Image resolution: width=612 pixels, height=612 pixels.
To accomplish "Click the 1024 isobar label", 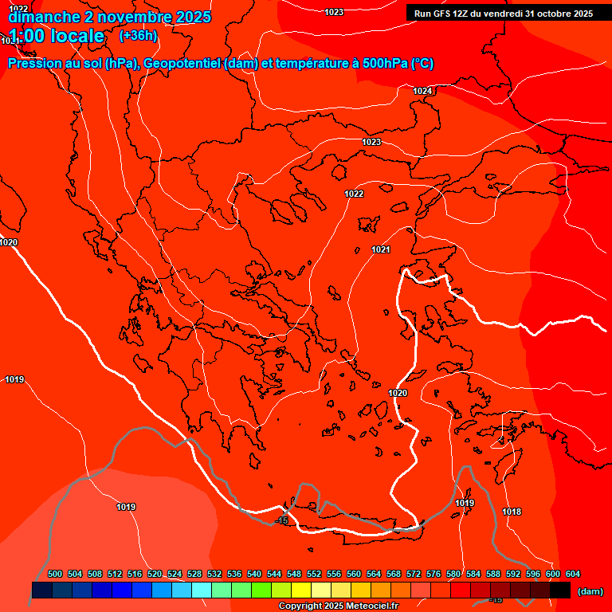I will coord(422,92).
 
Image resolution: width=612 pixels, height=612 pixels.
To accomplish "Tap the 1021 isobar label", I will coord(381,250).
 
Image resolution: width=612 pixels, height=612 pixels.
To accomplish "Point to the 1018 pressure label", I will coord(512,512).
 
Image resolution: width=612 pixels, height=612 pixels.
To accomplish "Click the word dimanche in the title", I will coord(39,17).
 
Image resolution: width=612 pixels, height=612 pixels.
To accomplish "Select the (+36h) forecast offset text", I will coord(138,36).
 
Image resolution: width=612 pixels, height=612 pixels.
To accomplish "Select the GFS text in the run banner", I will coord(445,13).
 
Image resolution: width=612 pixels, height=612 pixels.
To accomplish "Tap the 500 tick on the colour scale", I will coord(55,574).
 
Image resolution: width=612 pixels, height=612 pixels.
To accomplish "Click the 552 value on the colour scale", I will coord(314,574).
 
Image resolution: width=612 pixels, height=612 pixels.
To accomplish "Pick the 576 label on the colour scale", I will coord(433,574).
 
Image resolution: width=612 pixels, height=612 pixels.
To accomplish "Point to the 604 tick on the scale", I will coord(573,574).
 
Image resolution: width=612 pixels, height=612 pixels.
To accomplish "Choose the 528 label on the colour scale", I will coord(194,574).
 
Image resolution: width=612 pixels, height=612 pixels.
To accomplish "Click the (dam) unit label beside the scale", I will coord(590,591).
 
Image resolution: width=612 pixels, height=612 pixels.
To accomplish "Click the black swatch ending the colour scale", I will coord(560,590).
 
